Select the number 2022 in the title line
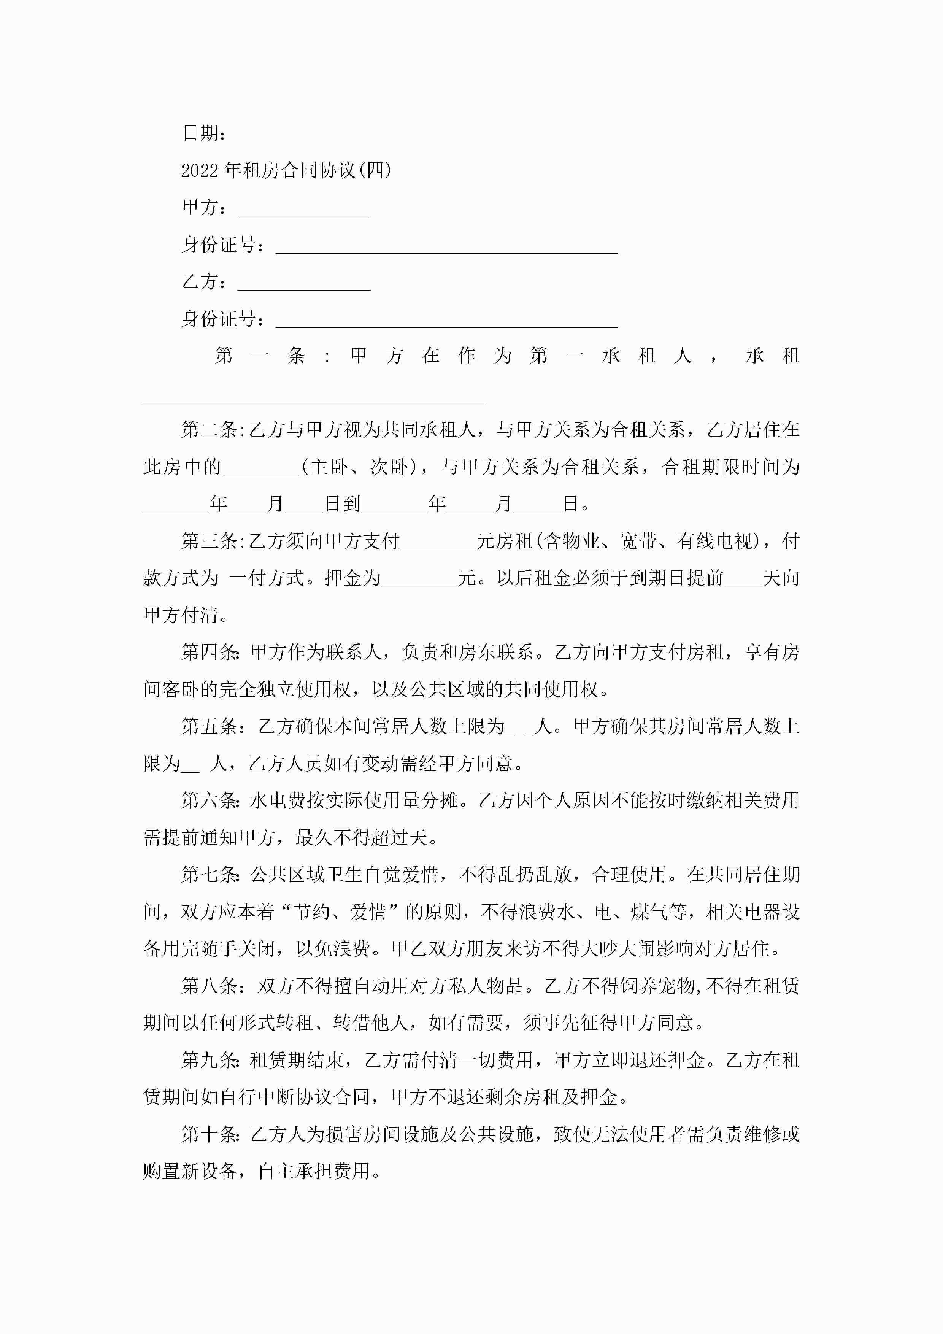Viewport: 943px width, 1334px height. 199,171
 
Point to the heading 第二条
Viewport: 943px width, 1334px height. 209,430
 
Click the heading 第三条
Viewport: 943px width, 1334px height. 209,542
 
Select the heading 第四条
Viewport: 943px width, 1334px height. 209,653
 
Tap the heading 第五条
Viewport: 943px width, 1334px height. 209,727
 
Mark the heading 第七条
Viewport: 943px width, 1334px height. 209,875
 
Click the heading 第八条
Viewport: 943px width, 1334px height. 209,986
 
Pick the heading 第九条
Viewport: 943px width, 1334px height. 209,1060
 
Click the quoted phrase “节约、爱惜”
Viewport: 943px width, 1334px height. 340,912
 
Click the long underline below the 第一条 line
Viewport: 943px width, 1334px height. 314,400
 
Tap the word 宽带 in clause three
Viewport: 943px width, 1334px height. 638,542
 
